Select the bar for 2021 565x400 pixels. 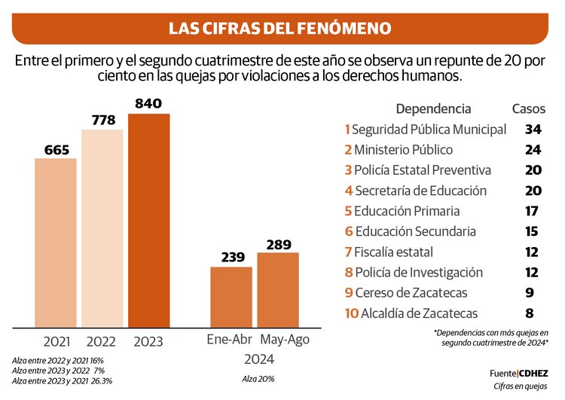coord(56,243)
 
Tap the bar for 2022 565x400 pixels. coord(102,228)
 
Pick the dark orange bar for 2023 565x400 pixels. coord(148,221)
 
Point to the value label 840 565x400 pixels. coord(148,104)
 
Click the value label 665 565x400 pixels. coord(56,149)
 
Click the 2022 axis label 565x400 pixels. coord(102,341)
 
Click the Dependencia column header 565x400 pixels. coord(433,109)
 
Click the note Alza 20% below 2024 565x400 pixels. coord(258,378)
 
